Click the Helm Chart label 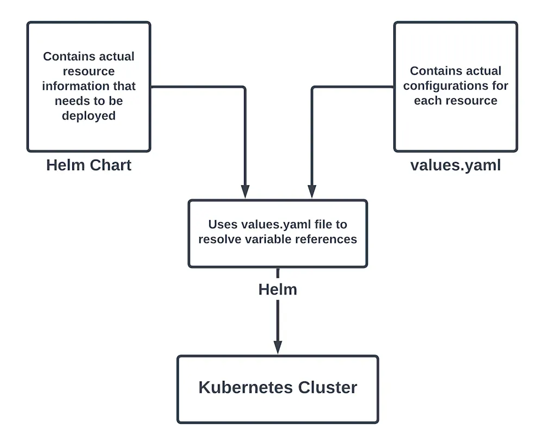click(89, 165)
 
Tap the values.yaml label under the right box click(455, 165)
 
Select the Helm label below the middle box click(278, 289)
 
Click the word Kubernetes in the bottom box click(246, 387)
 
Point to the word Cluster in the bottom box click(328, 387)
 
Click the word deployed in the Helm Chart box click(89, 115)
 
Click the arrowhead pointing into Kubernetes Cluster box click(278, 348)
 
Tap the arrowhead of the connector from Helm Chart click(245, 192)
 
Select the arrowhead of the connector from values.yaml click(311, 192)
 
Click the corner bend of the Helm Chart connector click(245, 87)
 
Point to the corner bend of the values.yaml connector click(311, 87)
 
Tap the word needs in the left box click(70, 101)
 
